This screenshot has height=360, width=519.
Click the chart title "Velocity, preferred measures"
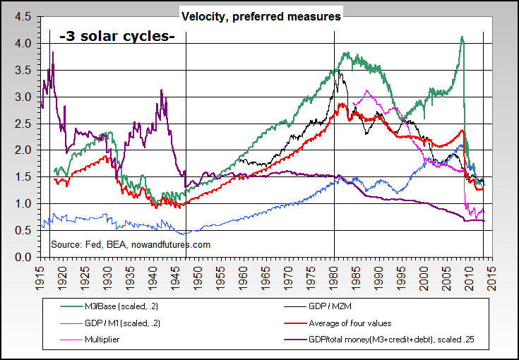click(x=261, y=16)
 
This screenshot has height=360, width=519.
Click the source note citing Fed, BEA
click(x=131, y=245)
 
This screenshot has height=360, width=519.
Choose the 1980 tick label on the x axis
click(x=334, y=272)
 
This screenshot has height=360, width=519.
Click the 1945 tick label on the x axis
click(x=177, y=272)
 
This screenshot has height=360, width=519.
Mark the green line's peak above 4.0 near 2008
click(x=462, y=37)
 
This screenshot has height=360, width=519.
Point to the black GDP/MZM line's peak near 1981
click(x=340, y=71)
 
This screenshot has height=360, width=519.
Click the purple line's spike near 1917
click(x=53, y=52)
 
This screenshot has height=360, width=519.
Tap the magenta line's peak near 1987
click(x=366, y=90)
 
